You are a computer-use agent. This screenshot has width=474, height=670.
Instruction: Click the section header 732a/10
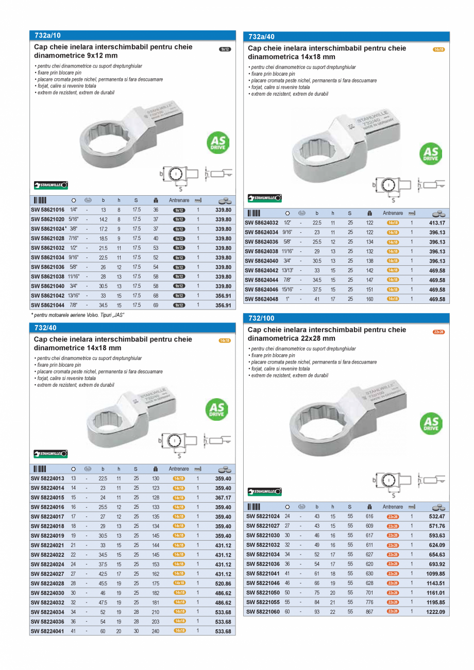coord(47,36)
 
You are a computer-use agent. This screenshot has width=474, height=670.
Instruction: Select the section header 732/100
coord(262,318)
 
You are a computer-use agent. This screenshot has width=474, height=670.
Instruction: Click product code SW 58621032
coord(48,248)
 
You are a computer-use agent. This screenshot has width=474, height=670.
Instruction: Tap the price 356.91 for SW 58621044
coord(223,305)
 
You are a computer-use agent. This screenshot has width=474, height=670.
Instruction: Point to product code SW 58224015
coord(48,498)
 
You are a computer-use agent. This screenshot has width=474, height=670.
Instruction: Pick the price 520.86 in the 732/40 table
coord(223,583)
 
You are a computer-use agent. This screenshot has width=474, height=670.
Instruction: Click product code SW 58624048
coord(262,299)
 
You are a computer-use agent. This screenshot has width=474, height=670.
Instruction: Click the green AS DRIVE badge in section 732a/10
coord(218,143)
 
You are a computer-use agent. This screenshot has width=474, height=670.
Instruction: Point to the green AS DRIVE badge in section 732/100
coord(431,423)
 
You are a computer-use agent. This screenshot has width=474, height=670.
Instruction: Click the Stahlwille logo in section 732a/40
coord(265,198)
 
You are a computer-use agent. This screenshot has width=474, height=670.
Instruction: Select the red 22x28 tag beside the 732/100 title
coord(439,332)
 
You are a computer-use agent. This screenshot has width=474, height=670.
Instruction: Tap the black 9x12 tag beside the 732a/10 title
coord(225,49)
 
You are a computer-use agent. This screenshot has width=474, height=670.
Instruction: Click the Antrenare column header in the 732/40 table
coord(179,469)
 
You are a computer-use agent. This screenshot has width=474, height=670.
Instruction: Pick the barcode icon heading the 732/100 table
coord(253,507)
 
